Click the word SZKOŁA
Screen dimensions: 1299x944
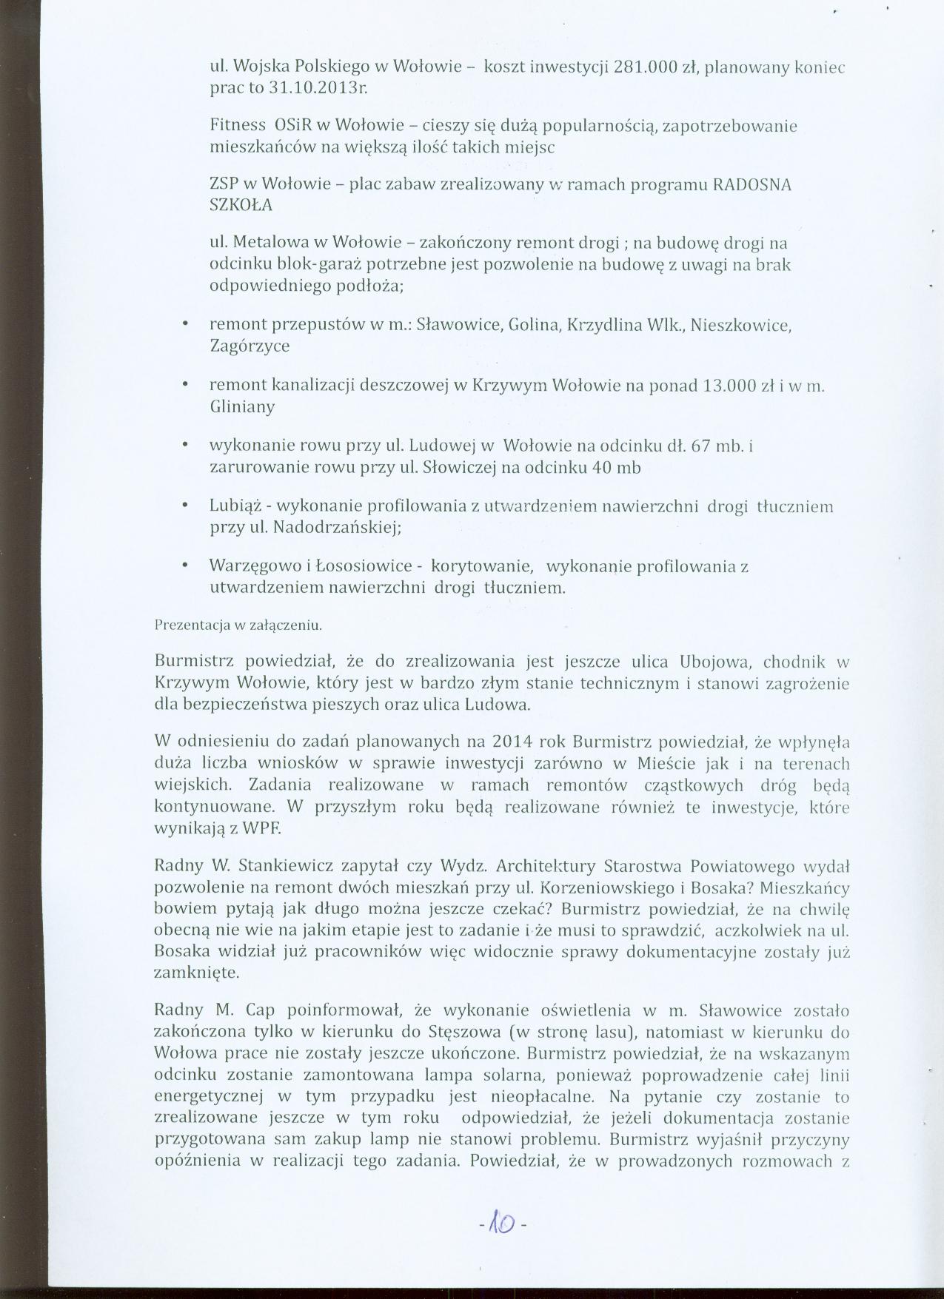point(241,206)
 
